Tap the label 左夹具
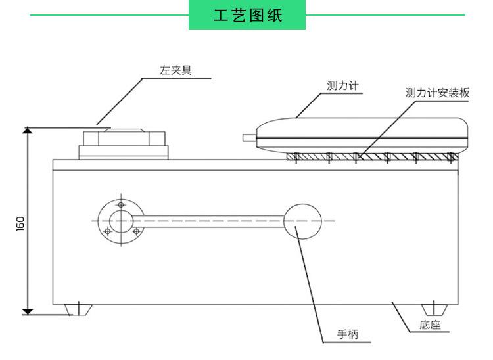(x=176, y=70)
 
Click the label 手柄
(x=348, y=335)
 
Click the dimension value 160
(x=20, y=223)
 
